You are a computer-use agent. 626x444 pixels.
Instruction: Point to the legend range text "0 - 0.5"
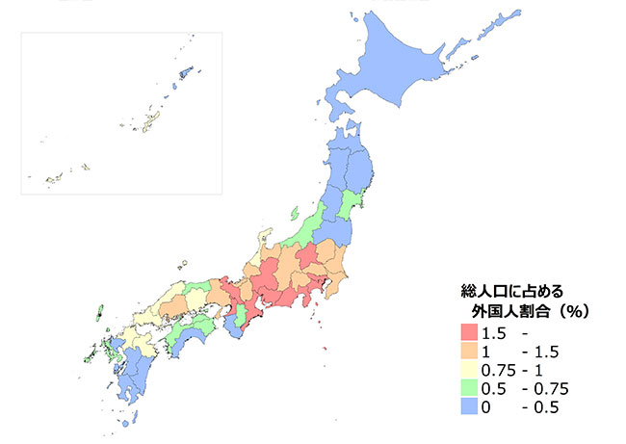click(521, 407)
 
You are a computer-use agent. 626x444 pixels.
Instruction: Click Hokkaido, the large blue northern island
click(395, 77)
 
